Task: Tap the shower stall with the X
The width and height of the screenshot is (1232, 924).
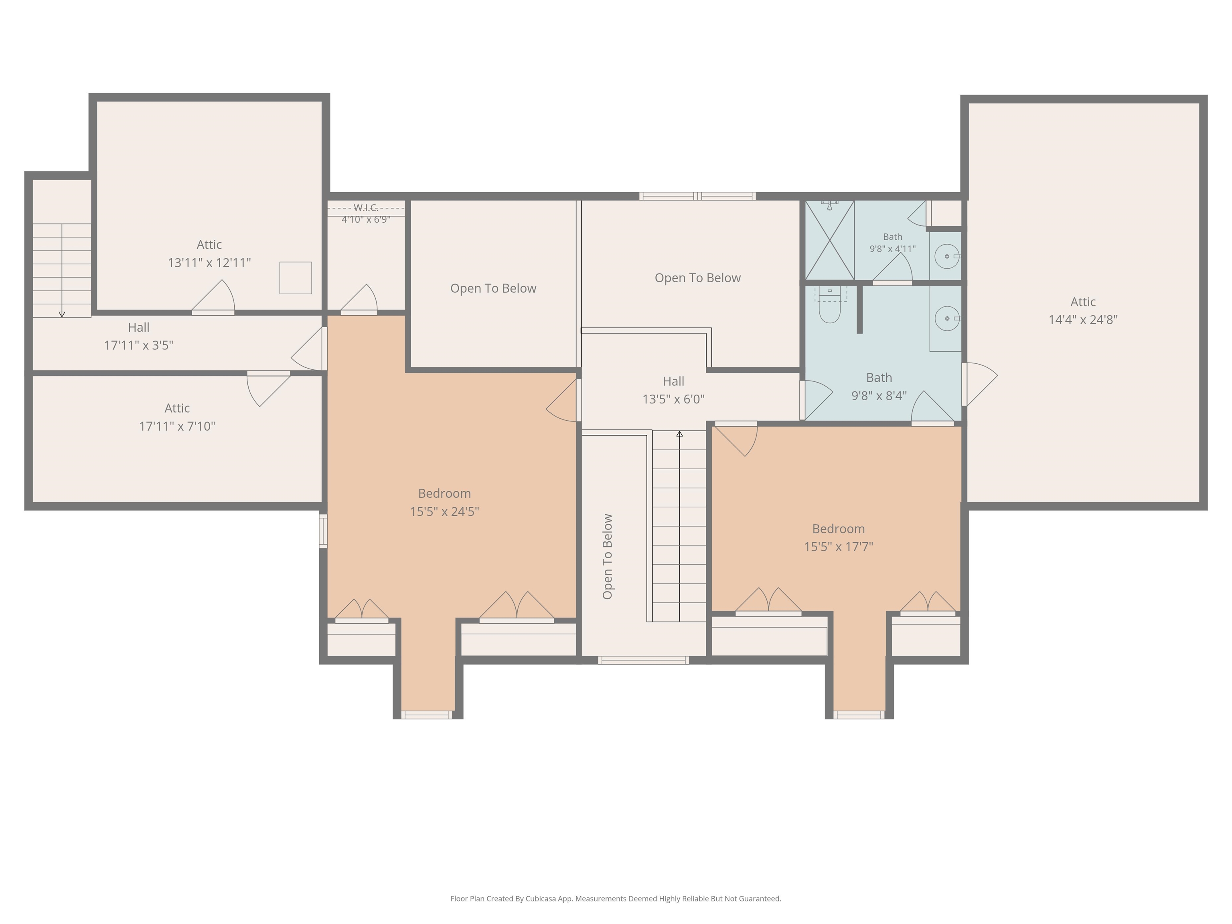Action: tap(830, 240)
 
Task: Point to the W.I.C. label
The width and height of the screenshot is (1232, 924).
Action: tap(366, 208)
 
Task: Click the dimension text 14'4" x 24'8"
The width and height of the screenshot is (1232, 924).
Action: tap(1083, 320)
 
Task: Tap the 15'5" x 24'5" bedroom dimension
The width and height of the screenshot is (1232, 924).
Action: tap(444, 511)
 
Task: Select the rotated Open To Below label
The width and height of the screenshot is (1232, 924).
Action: tap(608, 556)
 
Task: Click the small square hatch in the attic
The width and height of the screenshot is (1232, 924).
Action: tap(295, 278)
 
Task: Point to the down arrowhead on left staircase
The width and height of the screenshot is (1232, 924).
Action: tap(62, 315)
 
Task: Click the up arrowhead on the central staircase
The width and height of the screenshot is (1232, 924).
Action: tap(679, 433)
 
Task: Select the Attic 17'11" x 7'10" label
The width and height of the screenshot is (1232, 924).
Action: tap(177, 417)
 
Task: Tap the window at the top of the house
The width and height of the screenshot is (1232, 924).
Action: tap(697, 196)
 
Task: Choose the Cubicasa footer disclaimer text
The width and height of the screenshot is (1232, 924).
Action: tap(616, 898)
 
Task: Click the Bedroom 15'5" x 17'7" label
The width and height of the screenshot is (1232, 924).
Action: tap(838, 537)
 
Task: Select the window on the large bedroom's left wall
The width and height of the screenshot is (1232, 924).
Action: tap(323, 531)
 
